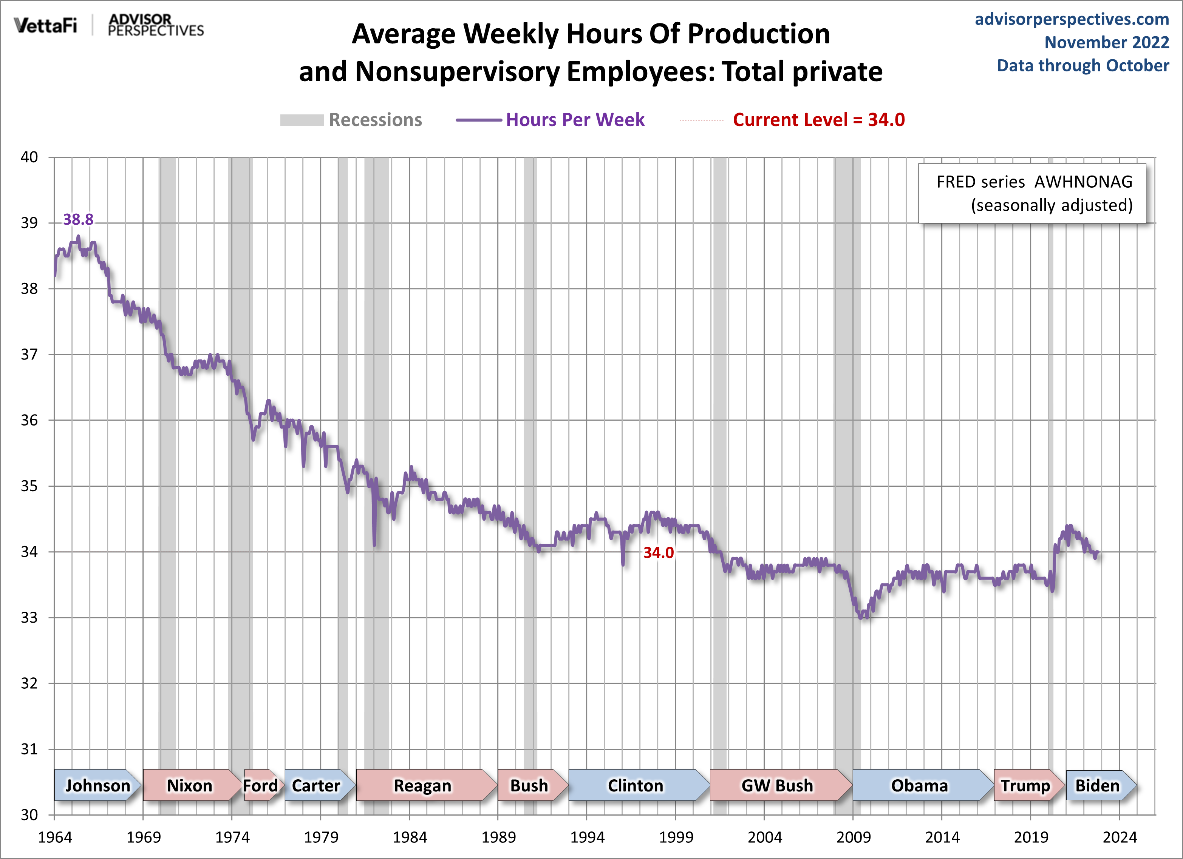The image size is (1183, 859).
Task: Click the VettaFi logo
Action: (45, 25)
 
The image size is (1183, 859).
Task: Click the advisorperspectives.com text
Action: (1072, 19)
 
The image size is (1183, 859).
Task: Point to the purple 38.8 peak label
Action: (78, 219)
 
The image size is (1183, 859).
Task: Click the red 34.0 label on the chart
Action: (658, 552)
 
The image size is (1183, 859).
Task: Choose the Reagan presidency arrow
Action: (424, 785)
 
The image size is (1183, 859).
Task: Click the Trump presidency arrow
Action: (1026, 785)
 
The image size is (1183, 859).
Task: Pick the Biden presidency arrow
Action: (1098, 785)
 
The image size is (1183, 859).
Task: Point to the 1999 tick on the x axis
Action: (676, 837)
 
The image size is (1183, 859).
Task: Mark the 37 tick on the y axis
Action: (29, 355)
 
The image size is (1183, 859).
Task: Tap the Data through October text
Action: (1082, 66)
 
